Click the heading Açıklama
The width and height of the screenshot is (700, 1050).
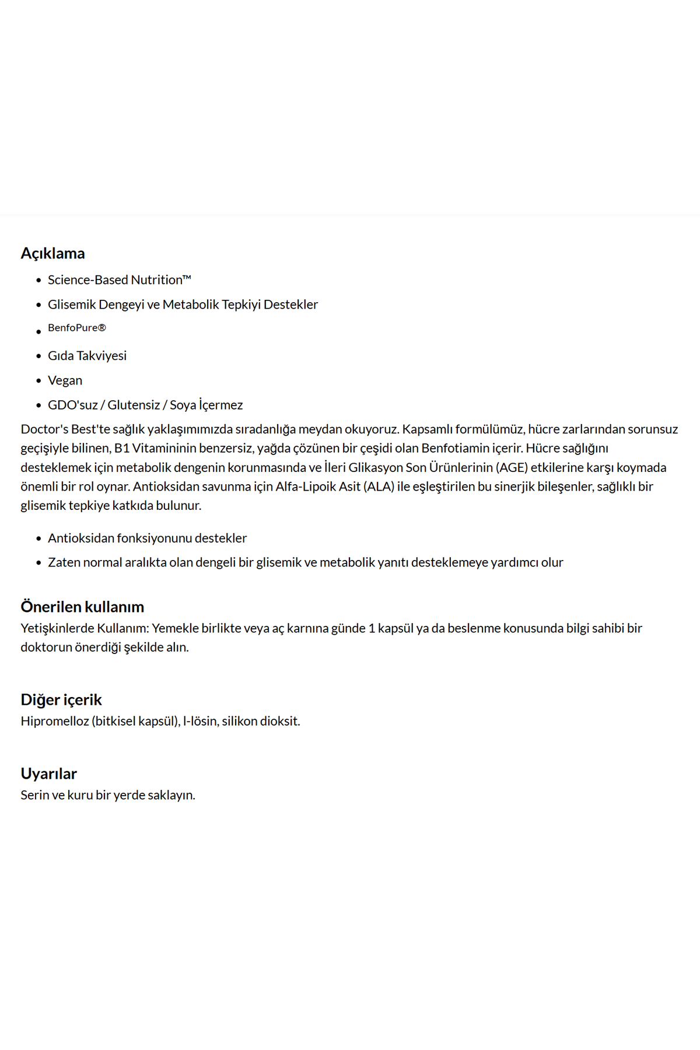click(52, 253)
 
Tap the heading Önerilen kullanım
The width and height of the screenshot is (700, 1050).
click(82, 607)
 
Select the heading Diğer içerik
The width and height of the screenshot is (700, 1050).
click(61, 699)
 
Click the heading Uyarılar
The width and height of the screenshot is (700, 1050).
click(48, 773)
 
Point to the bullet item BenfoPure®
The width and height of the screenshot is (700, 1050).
click(77, 328)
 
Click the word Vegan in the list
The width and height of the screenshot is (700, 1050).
click(65, 380)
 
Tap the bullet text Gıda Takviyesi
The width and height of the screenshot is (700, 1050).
click(87, 356)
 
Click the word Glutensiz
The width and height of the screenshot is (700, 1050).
click(134, 405)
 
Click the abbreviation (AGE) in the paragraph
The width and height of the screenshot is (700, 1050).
click(512, 467)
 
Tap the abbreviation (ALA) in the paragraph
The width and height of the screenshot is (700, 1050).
click(379, 487)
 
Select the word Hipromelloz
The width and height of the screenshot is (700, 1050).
click(55, 721)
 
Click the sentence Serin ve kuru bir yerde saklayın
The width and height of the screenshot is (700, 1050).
click(108, 795)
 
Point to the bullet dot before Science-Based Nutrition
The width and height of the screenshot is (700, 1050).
click(38, 281)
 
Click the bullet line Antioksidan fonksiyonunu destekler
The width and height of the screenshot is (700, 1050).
click(147, 538)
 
